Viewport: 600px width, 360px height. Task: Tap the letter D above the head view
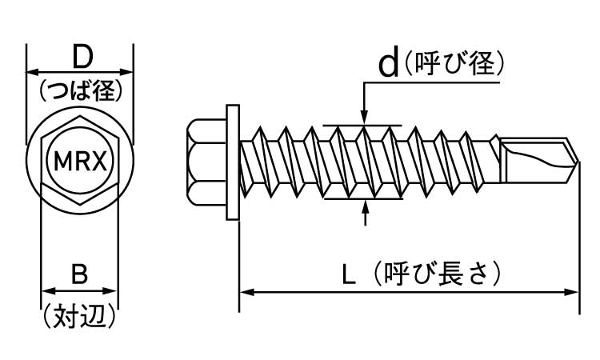coord(80,57)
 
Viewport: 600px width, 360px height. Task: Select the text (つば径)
coord(80,91)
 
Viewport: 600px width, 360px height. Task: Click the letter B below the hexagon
coord(79,274)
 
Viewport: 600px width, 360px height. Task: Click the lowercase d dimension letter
coord(388,63)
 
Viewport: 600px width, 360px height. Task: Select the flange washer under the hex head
coord(233,160)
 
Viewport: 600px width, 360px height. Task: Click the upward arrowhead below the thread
coord(366,205)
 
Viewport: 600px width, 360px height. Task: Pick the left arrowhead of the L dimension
coord(245,292)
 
